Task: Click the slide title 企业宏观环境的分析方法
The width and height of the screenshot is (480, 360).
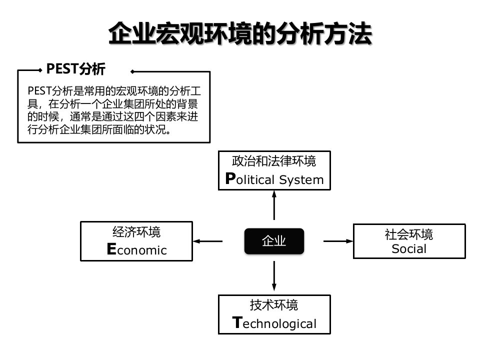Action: (x=240, y=34)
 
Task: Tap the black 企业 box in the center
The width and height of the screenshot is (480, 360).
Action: (x=274, y=241)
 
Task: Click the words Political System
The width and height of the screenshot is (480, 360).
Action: (x=274, y=179)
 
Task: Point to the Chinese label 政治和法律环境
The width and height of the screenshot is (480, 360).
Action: (x=274, y=161)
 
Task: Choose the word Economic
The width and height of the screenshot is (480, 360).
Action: (x=136, y=250)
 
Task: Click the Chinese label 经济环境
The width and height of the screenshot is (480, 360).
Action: (x=136, y=232)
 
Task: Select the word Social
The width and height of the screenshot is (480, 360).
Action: (x=409, y=248)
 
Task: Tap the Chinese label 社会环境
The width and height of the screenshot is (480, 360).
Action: (x=409, y=234)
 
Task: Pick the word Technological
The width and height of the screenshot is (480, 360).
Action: (x=274, y=323)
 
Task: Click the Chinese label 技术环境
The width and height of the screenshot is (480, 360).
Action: (x=274, y=304)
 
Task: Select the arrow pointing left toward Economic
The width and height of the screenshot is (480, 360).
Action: (x=208, y=241)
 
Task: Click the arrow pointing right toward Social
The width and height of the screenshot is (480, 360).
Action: (x=338, y=241)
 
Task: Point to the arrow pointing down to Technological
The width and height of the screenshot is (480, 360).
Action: (x=274, y=275)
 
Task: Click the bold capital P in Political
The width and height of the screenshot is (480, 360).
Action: (x=230, y=178)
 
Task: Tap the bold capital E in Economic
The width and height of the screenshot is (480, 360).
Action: (x=111, y=249)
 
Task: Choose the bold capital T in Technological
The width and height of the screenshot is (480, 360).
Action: (x=237, y=322)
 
